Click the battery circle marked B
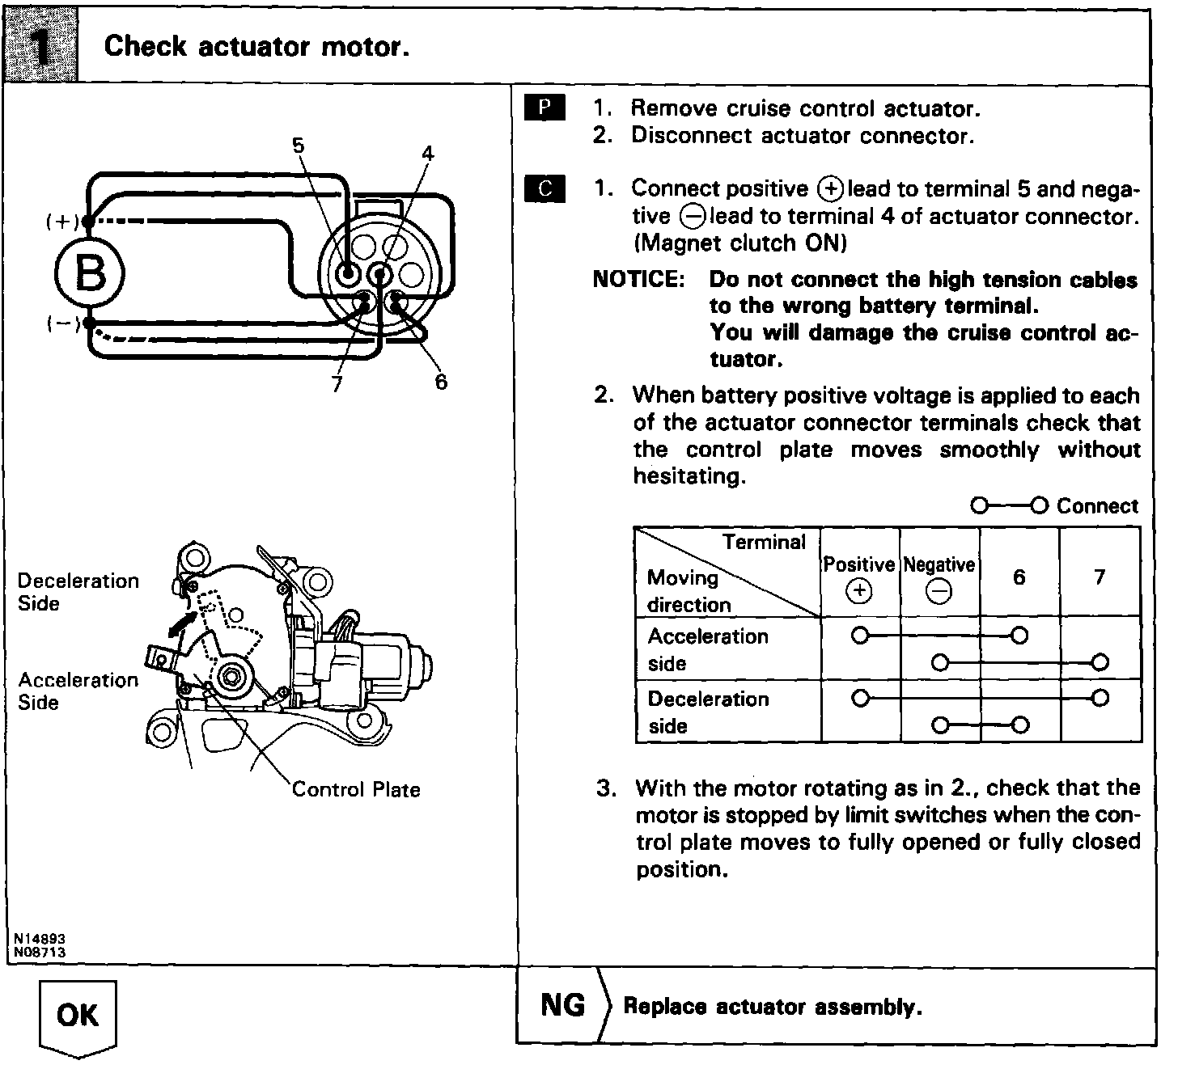(x=90, y=273)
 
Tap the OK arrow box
(x=78, y=1016)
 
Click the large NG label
(x=562, y=1005)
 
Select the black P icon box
(x=545, y=108)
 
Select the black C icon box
(x=545, y=188)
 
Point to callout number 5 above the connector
(x=299, y=146)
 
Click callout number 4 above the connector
(x=428, y=153)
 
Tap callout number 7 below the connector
(x=337, y=384)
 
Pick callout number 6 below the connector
(x=440, y=381)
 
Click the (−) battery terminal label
(x=61, y=323)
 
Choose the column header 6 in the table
(x=1019, y=577)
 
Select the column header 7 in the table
(x=1099, y=577)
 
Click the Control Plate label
(x=356, y=789)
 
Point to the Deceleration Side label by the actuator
(x=78, y=592)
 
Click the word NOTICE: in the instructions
(x=638, y=279)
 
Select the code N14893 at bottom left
(x=39, y=940)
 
